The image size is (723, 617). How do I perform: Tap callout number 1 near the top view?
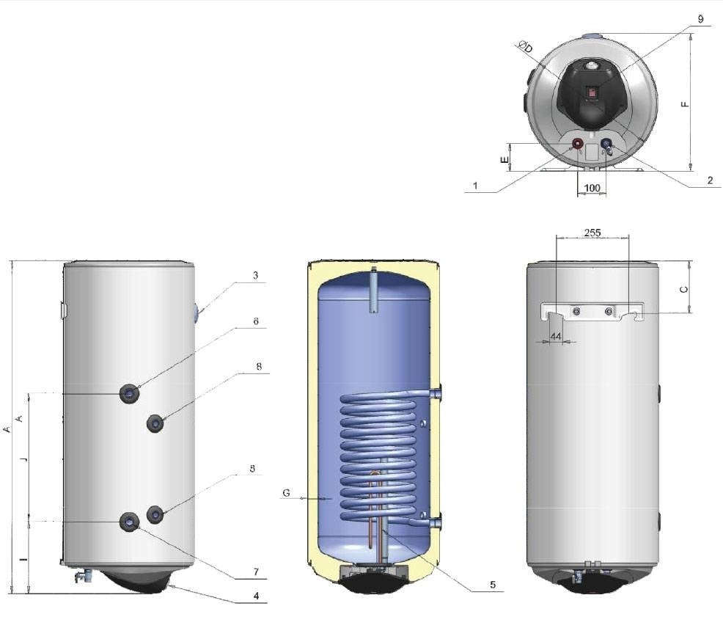tap(475, 186)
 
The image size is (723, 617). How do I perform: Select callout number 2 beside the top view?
tap(710, 180)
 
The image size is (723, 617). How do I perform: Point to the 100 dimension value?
tap(592, 189)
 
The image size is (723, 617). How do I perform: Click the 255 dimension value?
tap(592, 233)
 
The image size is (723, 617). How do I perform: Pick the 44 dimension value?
tap(555, 336)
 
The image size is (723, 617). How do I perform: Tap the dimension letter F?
tap(685, 103)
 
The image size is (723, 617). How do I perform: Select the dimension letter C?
tap(684, 289)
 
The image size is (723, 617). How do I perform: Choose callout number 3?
tap(254, 276)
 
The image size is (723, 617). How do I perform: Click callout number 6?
tap(254, 321)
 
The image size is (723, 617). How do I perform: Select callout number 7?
tap(254, 570)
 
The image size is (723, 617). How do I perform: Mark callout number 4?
tap(255, 595)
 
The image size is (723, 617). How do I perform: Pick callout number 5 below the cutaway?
tap(493, 585)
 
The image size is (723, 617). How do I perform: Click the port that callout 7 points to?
tap(130, 521)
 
